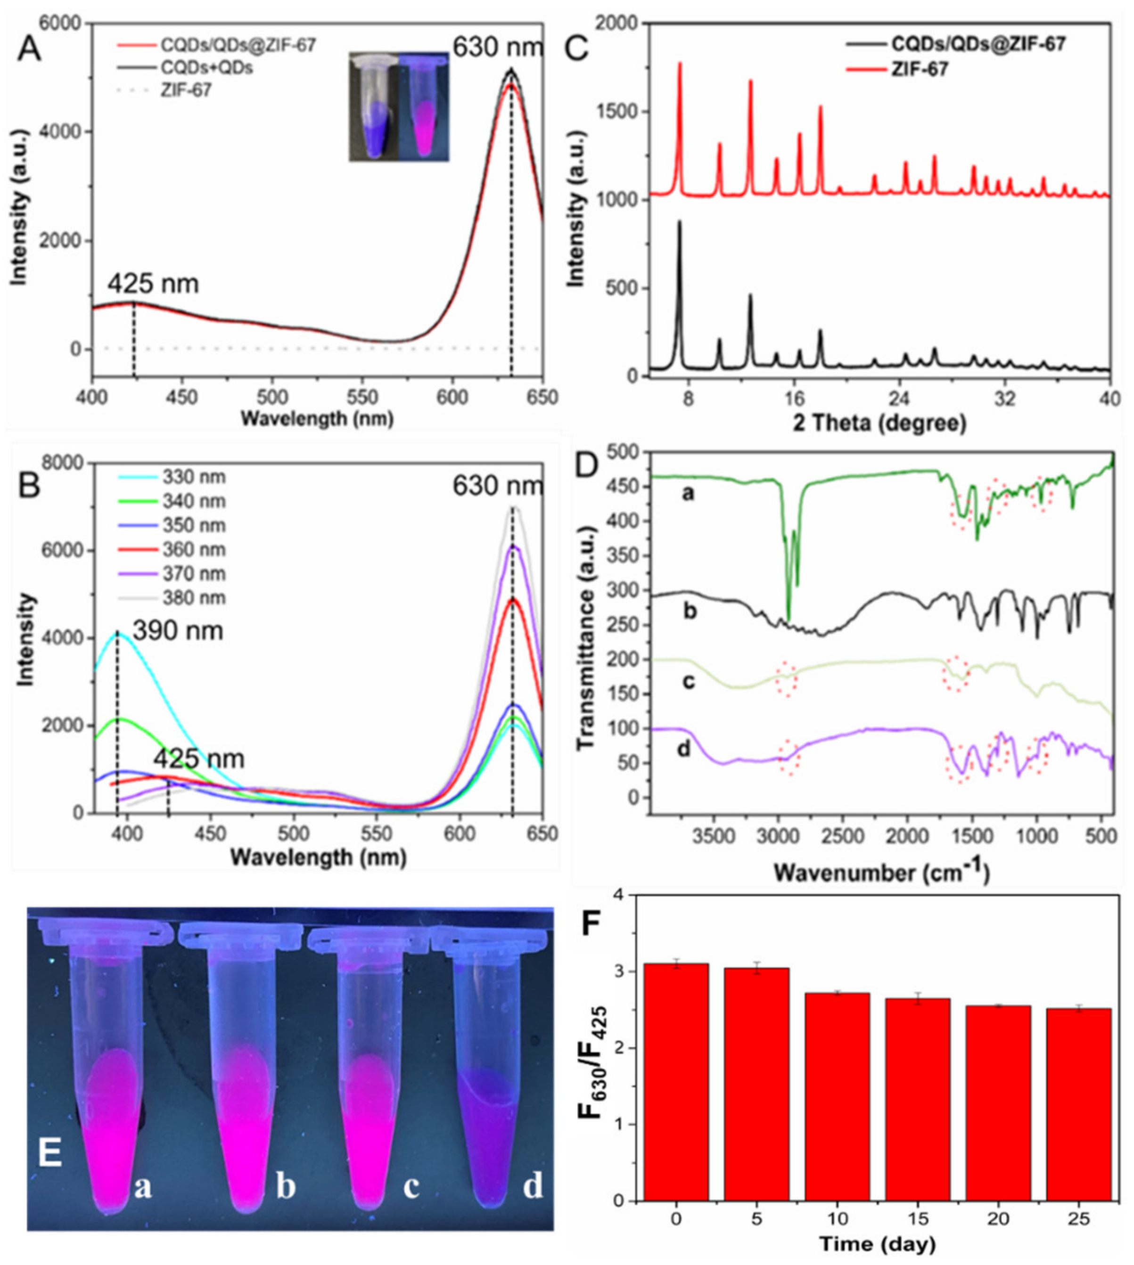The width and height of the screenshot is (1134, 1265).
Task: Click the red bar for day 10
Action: click(x=838, y=1103)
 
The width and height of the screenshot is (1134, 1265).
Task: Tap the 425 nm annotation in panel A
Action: click(x=153, y=284)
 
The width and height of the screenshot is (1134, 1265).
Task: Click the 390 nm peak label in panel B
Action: click(x=178, y=631)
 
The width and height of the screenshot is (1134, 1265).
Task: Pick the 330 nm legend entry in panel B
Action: click(x=194, y=478)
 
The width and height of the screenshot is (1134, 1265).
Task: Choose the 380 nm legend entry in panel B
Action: click(x=194, y=598)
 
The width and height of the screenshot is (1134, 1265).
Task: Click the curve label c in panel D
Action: click(x=688, y=681)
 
